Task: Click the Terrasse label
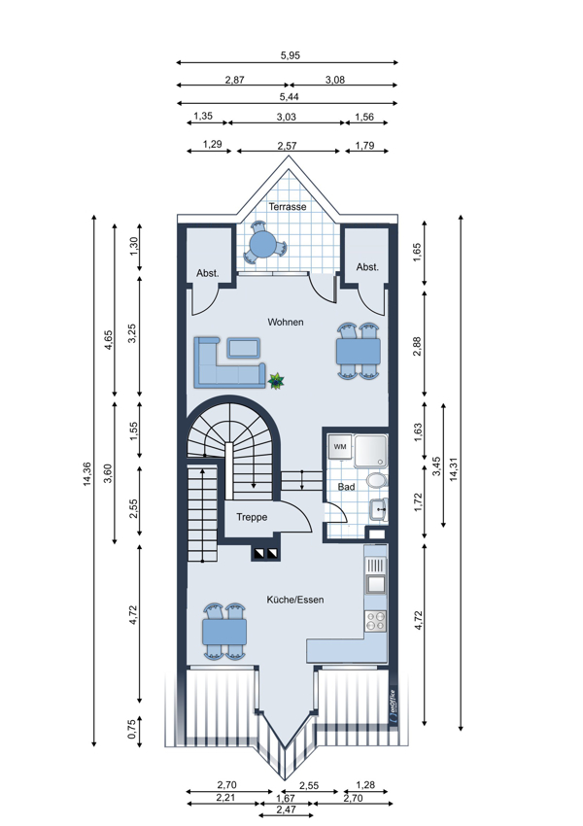(x=288, y=206)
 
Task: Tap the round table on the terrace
(x=263, y=245)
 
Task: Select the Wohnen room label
(x=286, y=322)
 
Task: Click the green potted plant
(x=276, y=380)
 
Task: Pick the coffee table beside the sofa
(x=243, y=348)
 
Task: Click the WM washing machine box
(x=340, y=447)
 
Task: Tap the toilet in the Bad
(x=377, y=480)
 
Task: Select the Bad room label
(x=346, y=487)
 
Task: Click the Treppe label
(x=252, y=517)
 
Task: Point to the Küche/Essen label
(x=295, y=600)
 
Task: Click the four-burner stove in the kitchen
(x=376, y=621)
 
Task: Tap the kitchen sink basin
(x=376, y=584)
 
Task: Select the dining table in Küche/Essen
(x=224, y=632)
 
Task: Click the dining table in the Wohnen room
(x=359, y=352)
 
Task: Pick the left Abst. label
(x=208, y=273)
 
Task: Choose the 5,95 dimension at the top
(x=291, y=55)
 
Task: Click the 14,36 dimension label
(x=86, y=474)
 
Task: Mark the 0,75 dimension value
(x=132, y=730)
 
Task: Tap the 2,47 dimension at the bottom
(x=286, y=809)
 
